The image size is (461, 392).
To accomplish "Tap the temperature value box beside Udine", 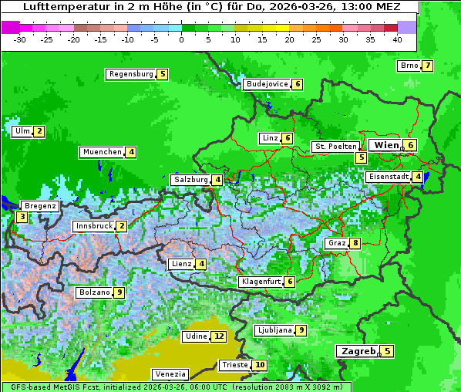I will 220,336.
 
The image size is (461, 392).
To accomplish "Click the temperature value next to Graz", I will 355,243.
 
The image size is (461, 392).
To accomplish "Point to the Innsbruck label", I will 93,226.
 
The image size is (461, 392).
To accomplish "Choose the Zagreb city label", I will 357,351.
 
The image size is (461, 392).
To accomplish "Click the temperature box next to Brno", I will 427,66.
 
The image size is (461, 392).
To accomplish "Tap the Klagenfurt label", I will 260,282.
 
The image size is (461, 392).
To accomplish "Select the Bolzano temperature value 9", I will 119,292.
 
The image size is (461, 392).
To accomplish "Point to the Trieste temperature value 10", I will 261,365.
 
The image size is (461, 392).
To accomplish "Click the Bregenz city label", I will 39,206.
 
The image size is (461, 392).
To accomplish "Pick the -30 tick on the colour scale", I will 20,39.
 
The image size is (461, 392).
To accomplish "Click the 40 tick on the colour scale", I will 397,39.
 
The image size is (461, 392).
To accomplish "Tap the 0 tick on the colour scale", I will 182,39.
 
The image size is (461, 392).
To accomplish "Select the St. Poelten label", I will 335,146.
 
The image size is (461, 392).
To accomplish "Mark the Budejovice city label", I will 267,84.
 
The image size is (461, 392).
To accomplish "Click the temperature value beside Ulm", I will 39,131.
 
